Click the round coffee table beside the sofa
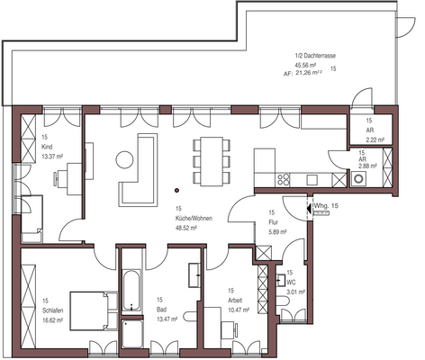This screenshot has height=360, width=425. pyautogui.click(x=123, y=160)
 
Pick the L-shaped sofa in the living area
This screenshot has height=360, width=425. pyautogui.click(x=138, y=176)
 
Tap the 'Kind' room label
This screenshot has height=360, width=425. pyautogui.click(x=46, y=145)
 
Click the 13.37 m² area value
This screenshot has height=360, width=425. pyautogui.click(x=52, y=154)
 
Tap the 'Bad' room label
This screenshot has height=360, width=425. pyautogui.click(x=160, y=300)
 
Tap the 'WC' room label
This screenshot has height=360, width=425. pyautogui.click(x=291, y=282)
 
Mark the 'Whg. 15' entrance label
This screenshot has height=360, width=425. pyautogui.click(x=326, y=206)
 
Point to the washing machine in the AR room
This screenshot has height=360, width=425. pyautogui.click(x=358, y=179)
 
